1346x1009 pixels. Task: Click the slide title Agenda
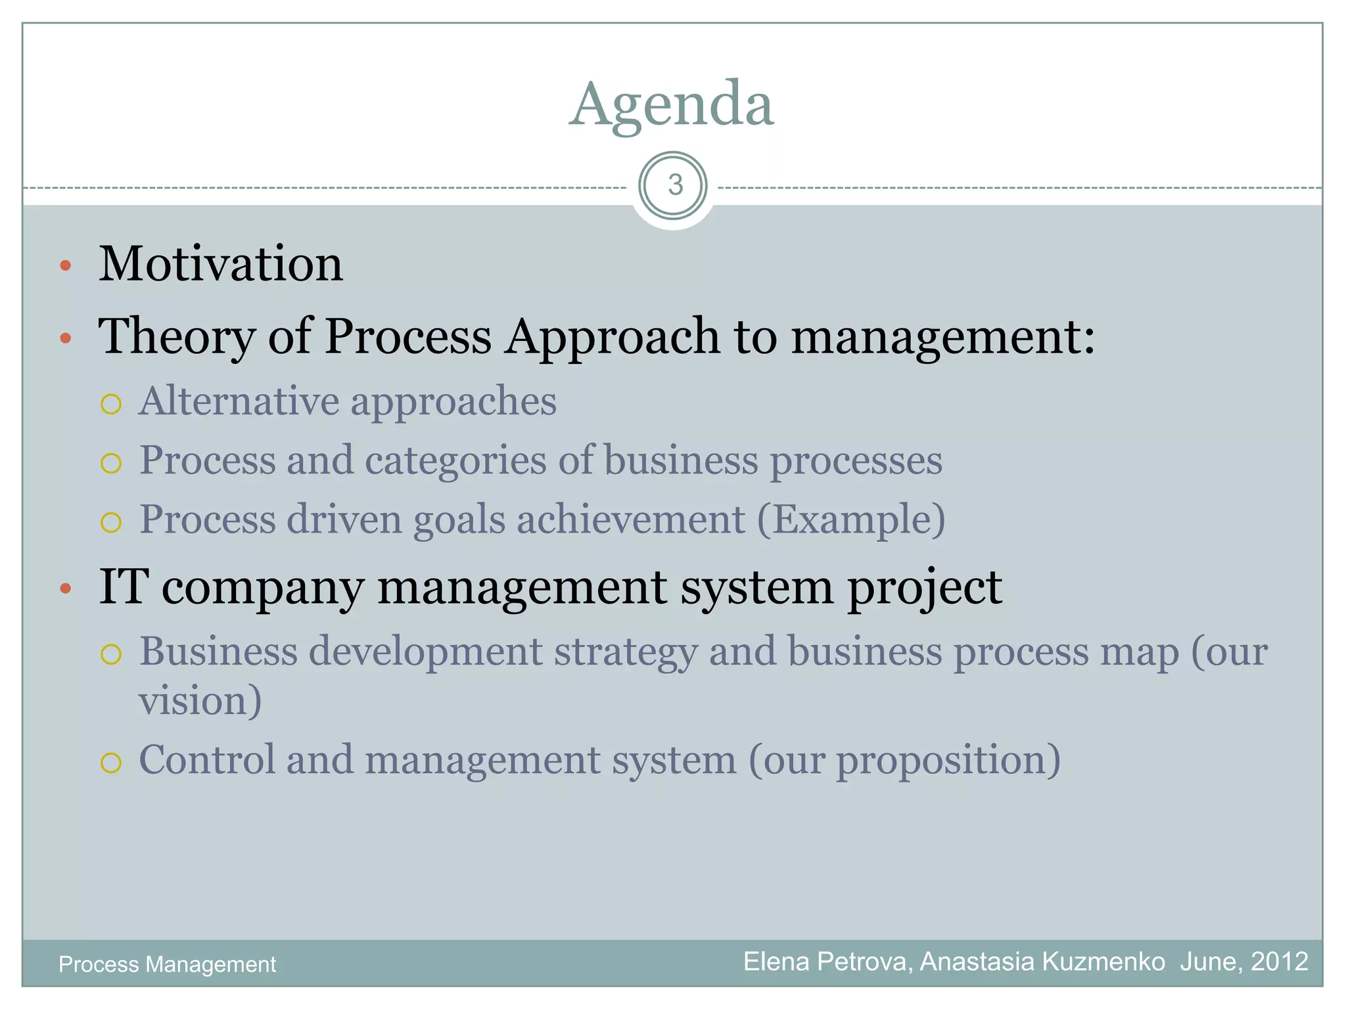672,105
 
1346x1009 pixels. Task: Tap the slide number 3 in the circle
674,186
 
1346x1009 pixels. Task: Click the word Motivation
221,264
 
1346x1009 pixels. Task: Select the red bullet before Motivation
65,266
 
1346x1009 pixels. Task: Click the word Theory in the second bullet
176,337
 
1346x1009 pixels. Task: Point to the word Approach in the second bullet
613,337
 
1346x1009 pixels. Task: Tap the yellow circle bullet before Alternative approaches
111,404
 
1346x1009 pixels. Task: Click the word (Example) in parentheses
851,520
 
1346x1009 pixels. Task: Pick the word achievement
631,520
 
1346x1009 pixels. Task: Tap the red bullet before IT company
65,589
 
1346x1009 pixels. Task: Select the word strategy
625,653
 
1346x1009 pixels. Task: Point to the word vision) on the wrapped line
200,700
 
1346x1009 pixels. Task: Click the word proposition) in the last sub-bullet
948,761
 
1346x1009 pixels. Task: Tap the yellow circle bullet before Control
111,763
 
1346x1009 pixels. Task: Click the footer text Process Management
167,964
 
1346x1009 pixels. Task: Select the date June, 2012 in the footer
1243,962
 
